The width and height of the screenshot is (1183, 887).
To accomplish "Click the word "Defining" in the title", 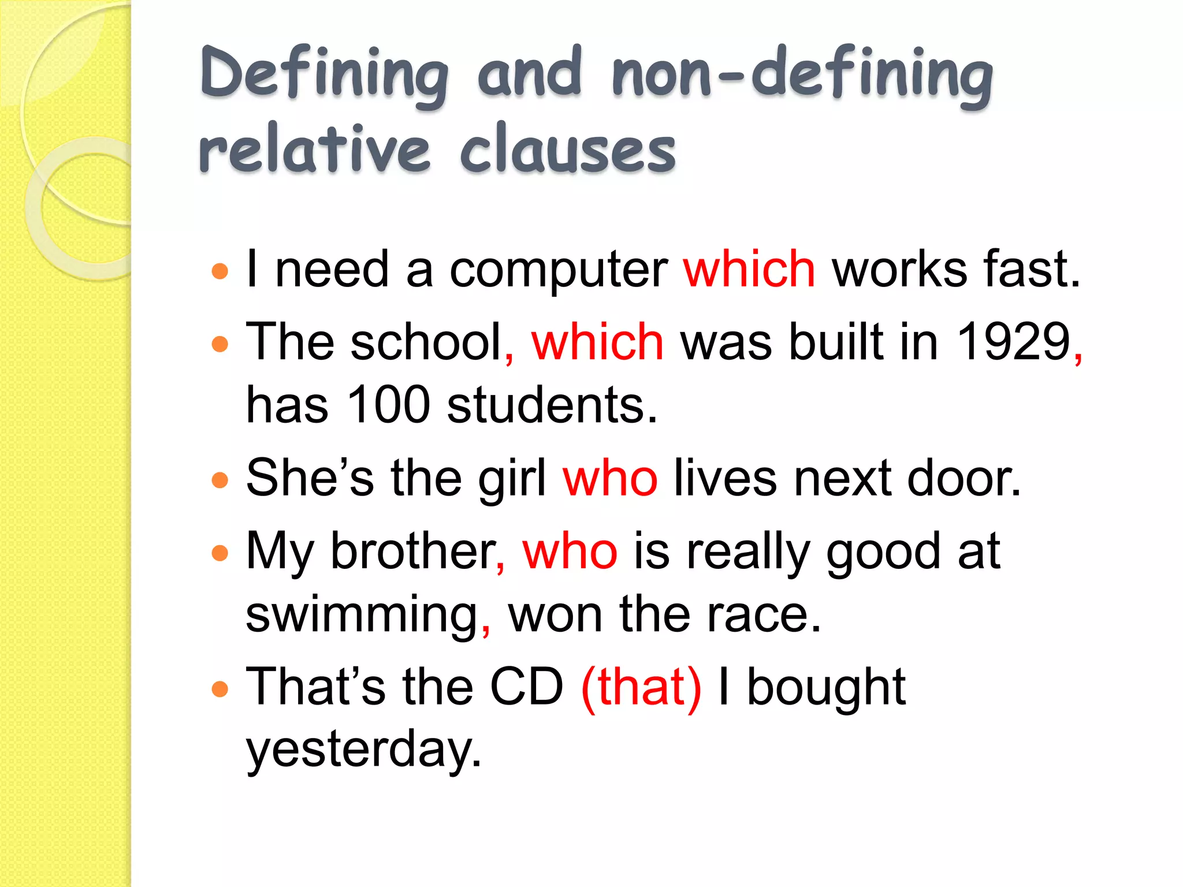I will tap(324, 75).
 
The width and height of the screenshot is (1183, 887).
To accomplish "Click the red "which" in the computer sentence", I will tap(749, 269).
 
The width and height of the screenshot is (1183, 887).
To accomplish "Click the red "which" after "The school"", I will tap(597, 342).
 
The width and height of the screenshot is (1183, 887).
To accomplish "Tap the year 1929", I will tap(1014, 342).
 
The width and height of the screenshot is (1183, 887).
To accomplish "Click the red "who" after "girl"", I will tap(610, 479).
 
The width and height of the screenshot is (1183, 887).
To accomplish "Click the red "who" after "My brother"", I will tap(570, 552).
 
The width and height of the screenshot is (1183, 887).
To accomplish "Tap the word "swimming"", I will tap(362, 616).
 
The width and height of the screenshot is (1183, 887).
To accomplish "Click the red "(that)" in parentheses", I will tap(641, 687).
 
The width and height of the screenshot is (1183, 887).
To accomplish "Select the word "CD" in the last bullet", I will tap(526, 687).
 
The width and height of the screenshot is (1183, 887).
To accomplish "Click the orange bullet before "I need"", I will tap(220, 271).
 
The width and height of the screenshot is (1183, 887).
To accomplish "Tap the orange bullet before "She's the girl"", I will tap(220, 480).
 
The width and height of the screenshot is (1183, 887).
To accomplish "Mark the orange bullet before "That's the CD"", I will tap(220, 688).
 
